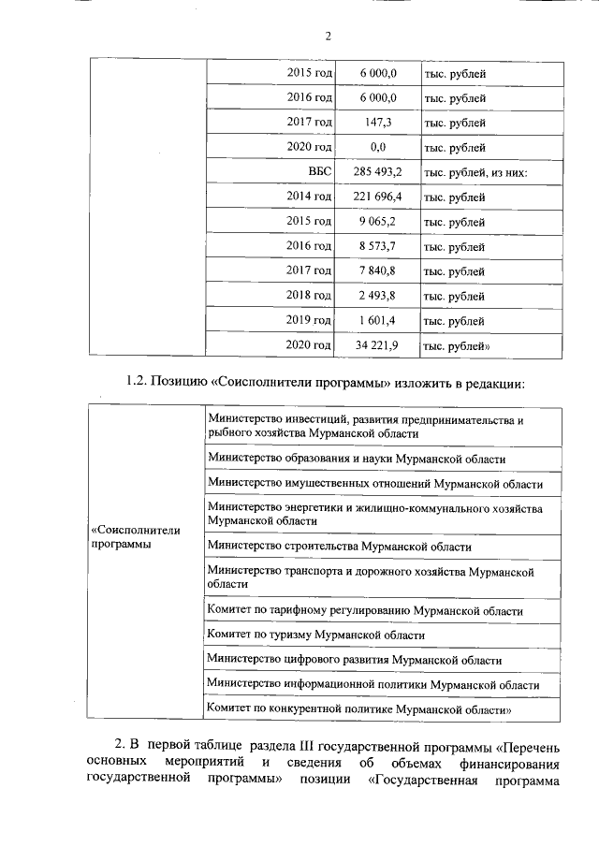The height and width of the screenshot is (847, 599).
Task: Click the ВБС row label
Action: coord(320,172)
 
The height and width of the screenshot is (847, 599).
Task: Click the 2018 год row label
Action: coord(310,297)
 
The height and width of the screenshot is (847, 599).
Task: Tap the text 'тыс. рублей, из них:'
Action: coord(475,172)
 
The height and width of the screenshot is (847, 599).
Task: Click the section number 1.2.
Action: coord(139,384)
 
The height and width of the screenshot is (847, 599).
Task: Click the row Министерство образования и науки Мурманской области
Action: coord(357,460)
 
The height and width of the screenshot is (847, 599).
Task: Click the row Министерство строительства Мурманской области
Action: coord(339,547)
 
